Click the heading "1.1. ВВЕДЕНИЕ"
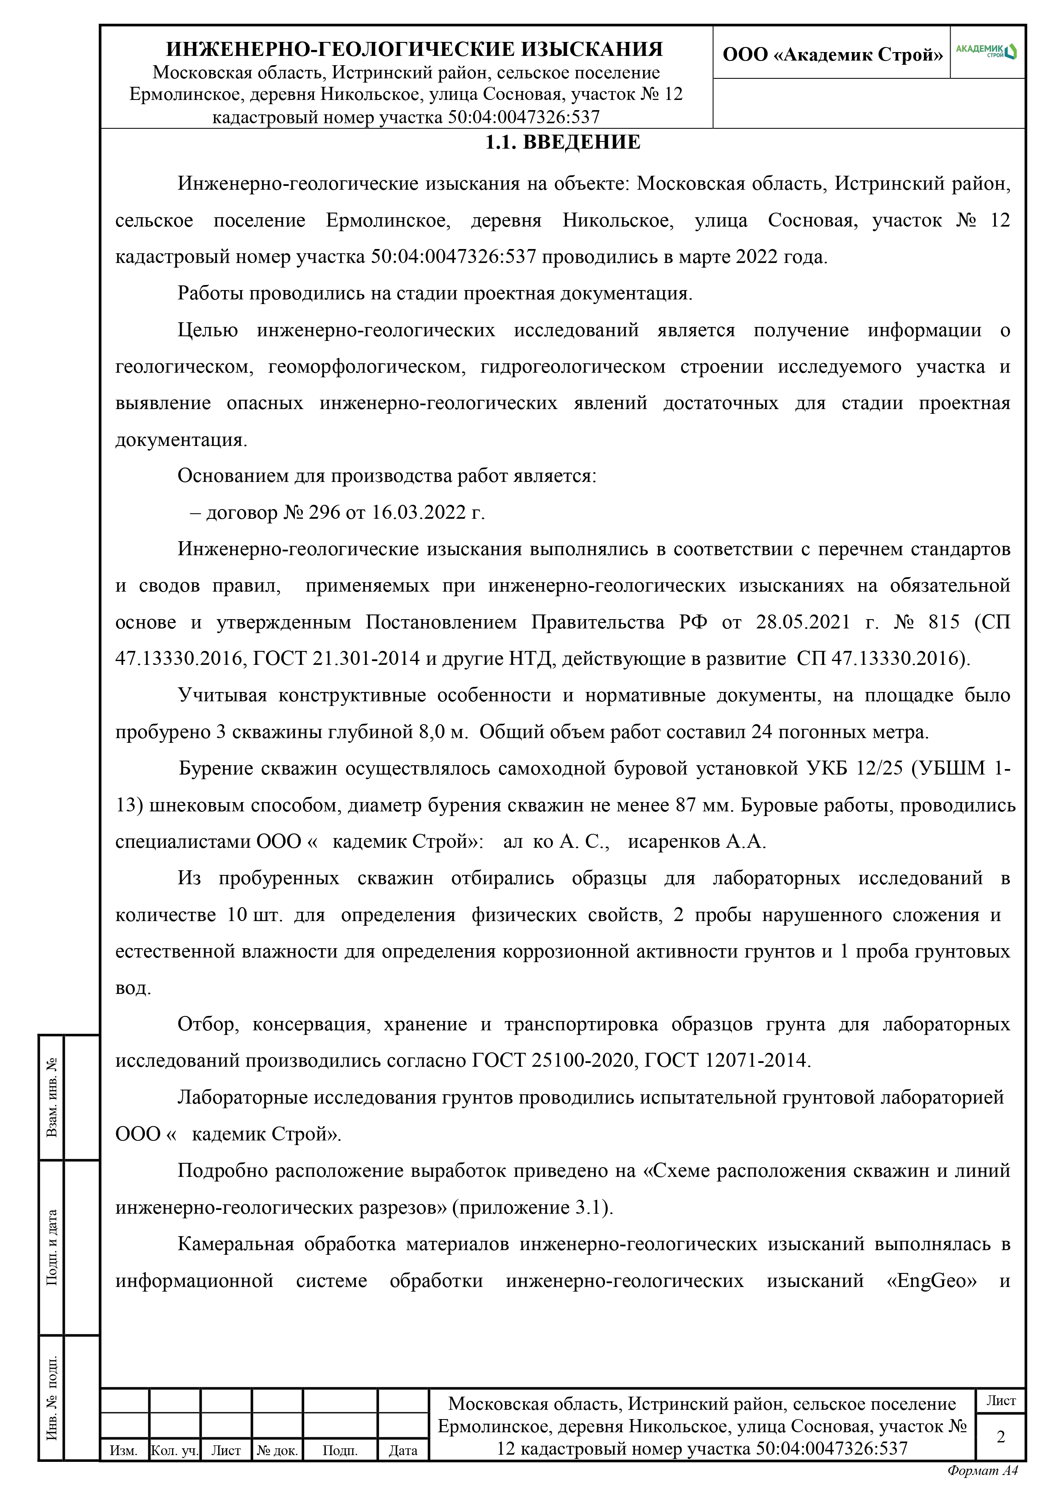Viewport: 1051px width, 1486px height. [563, 142]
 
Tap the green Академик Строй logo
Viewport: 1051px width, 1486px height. [986, 51]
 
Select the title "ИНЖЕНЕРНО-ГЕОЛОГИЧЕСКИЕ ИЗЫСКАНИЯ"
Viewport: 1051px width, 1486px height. [414, 49]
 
